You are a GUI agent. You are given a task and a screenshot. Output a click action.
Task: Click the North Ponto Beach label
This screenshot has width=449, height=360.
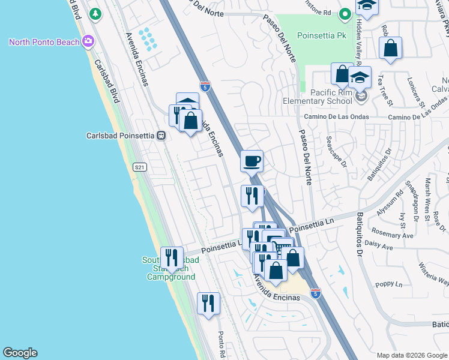[x=45, y=41]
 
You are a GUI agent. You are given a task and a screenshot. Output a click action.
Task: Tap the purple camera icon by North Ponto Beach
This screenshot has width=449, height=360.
[x=89, y=41]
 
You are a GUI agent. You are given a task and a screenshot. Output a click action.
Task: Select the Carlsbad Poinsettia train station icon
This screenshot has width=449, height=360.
[x=161, y=136]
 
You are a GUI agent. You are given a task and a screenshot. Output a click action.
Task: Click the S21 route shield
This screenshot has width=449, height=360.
[x=140, y=167]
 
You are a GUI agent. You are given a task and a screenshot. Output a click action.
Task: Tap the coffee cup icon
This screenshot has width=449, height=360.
[x=252, y=161]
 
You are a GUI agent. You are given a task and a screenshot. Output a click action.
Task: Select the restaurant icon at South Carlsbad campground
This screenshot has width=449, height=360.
[x=172, y=258]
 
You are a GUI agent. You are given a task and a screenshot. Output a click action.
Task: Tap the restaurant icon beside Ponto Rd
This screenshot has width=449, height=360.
[x=209, y=303]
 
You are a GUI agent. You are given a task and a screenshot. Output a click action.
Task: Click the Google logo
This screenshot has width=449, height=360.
[x=20, y=353]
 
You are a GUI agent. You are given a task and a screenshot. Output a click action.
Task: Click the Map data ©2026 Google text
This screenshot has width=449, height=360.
[x=411, y=355]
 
